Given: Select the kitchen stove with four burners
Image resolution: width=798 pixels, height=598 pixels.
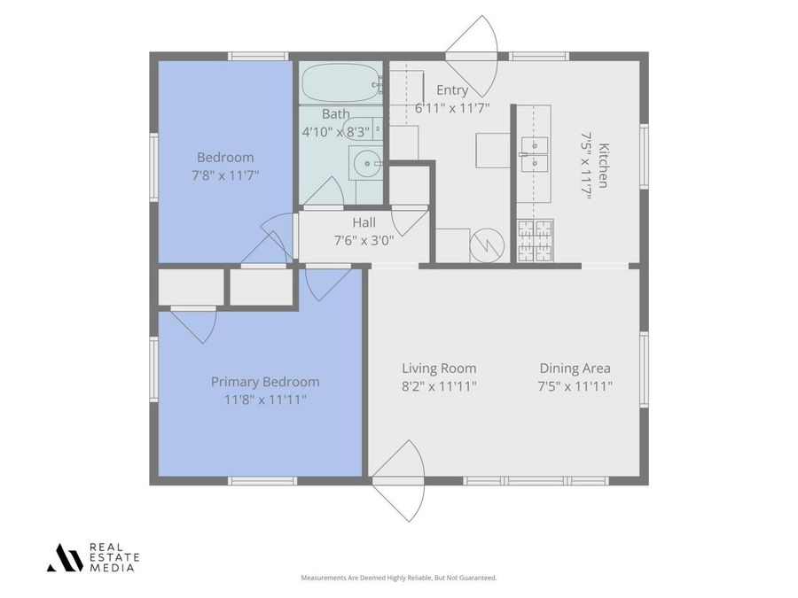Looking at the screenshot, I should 535,241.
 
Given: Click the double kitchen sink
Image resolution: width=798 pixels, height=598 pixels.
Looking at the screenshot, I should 534,153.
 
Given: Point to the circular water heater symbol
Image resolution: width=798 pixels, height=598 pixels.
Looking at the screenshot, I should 487,245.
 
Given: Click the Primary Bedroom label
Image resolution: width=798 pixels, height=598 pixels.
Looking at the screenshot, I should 265,382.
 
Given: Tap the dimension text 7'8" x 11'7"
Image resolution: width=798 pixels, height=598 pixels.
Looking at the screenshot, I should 225,175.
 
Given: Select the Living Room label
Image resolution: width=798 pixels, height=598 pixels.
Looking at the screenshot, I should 439,369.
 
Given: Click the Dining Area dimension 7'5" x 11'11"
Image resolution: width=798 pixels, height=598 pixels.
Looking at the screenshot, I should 575,386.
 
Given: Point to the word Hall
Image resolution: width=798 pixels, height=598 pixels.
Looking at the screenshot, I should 364,222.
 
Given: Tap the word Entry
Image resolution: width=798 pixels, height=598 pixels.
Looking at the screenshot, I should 451,90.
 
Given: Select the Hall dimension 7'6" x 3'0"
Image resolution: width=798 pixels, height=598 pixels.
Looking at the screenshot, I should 364,240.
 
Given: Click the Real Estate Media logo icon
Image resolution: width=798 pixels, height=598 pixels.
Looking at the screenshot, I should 64,557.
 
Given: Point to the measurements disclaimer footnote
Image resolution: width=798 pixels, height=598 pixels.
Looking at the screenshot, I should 399,578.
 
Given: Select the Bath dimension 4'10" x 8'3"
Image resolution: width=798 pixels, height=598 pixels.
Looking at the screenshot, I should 337,131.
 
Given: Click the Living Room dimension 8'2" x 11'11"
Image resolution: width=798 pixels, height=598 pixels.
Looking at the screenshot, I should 439,386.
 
